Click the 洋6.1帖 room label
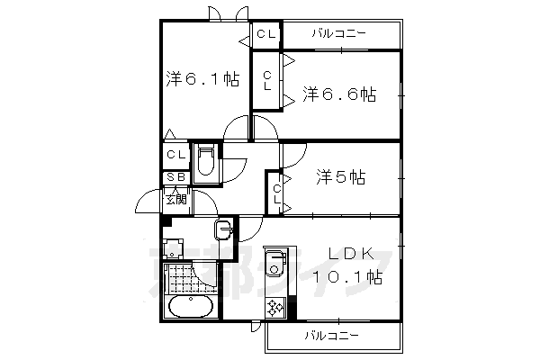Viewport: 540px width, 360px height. tap(202, 79)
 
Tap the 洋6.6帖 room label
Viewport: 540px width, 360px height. tap(338, 94)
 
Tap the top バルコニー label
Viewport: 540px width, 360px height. tap(339, 34)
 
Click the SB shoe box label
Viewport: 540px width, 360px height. tap(175, 177)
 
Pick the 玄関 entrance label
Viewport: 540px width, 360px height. tap(175, 198)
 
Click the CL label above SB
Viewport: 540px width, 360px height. tap(175, 155)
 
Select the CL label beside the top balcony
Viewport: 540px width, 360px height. tap(265, 34)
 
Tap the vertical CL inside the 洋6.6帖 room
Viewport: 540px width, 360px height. tap(267, 81)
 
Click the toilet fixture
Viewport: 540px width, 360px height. tap(205, 163)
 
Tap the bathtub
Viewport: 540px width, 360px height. tap(189, 308)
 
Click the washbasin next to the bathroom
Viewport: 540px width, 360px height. tap(222, 229)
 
